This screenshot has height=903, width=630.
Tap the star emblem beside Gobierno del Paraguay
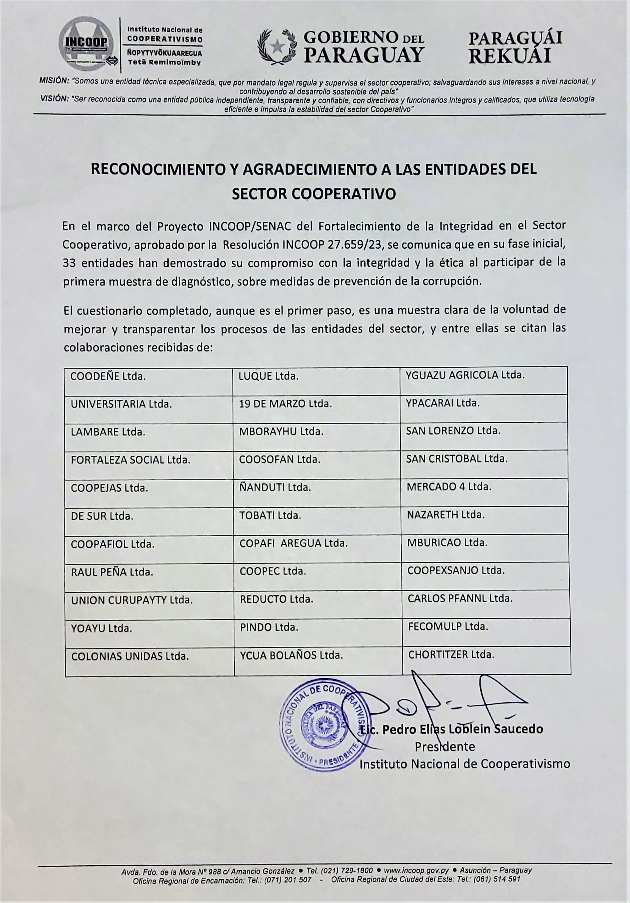pos(278,44)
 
